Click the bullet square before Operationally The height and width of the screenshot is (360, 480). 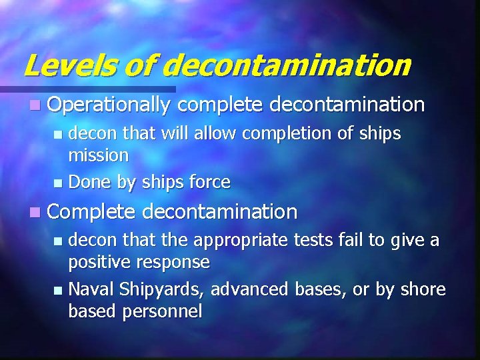35,105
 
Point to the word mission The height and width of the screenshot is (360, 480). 99,156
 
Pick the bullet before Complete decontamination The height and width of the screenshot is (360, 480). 35,213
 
